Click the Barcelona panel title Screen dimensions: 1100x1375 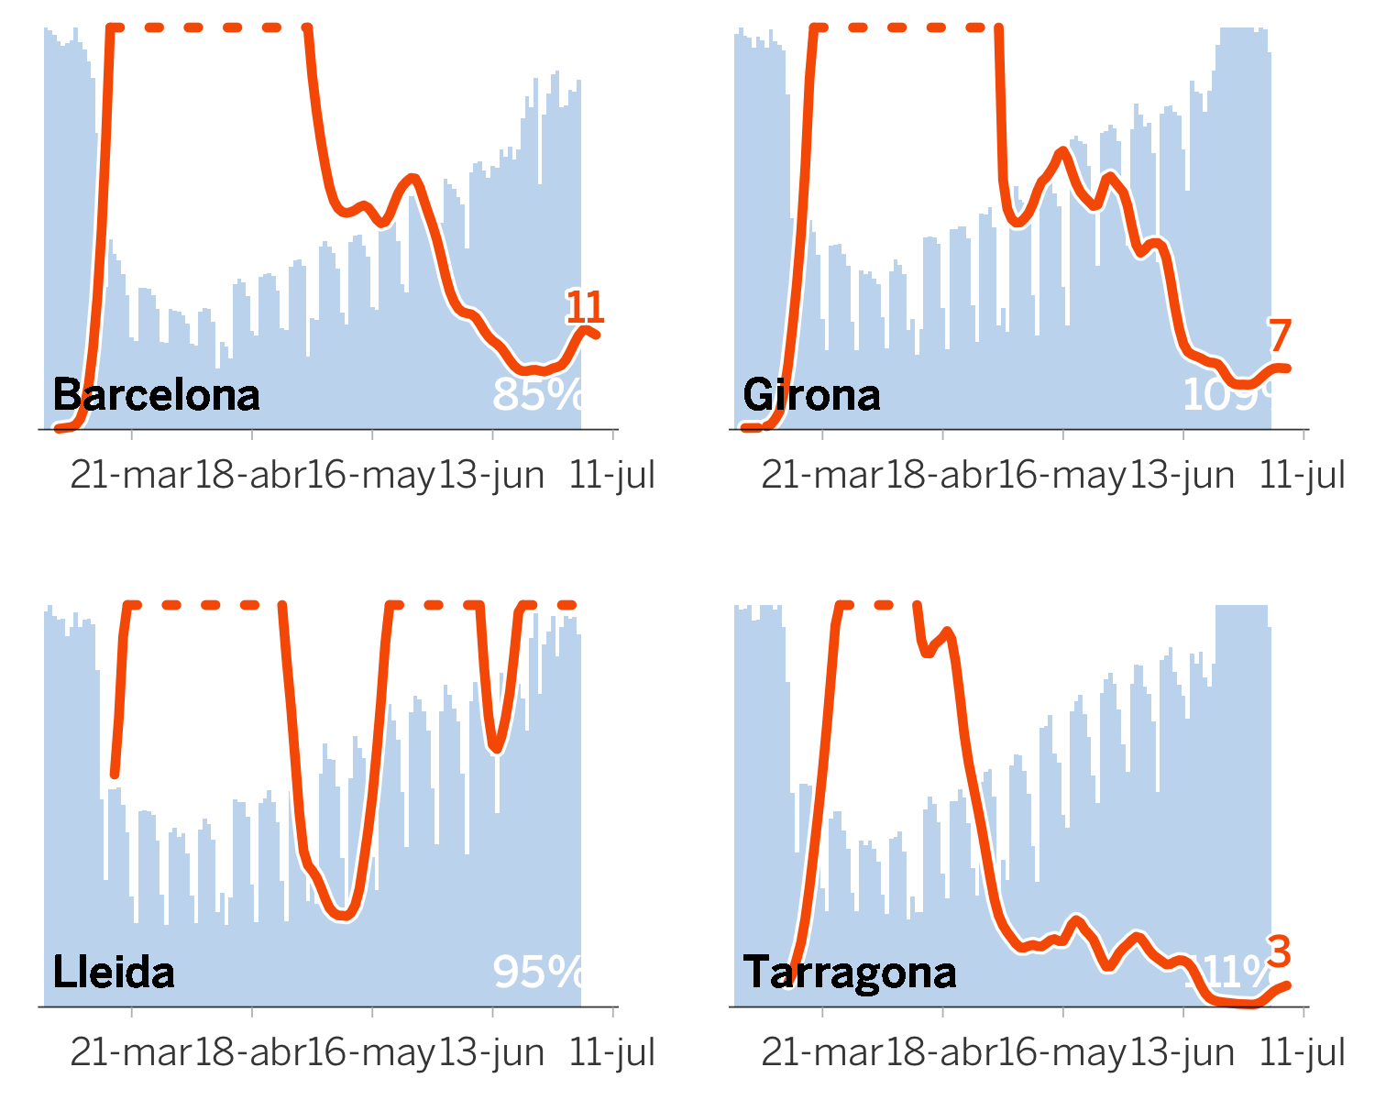156,395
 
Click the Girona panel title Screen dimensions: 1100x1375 811,395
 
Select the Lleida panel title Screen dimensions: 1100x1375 114,973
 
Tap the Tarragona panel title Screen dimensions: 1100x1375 850,973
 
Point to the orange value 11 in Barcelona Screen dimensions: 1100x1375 585,308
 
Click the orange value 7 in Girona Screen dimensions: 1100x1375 1281,336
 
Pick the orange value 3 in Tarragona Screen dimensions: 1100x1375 1280,952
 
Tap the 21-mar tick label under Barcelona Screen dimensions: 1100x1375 131,476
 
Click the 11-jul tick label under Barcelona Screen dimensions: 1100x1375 612,476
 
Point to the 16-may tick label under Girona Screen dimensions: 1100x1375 1063,476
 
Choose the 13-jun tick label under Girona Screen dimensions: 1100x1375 1182,476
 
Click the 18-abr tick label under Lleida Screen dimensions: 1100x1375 251,1053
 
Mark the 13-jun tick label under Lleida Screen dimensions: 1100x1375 492,1053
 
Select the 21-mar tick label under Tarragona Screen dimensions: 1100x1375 822,1053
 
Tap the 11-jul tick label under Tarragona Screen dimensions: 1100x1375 1303,1053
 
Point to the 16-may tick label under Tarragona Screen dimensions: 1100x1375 1063,1053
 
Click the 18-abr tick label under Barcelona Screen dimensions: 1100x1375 251,476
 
